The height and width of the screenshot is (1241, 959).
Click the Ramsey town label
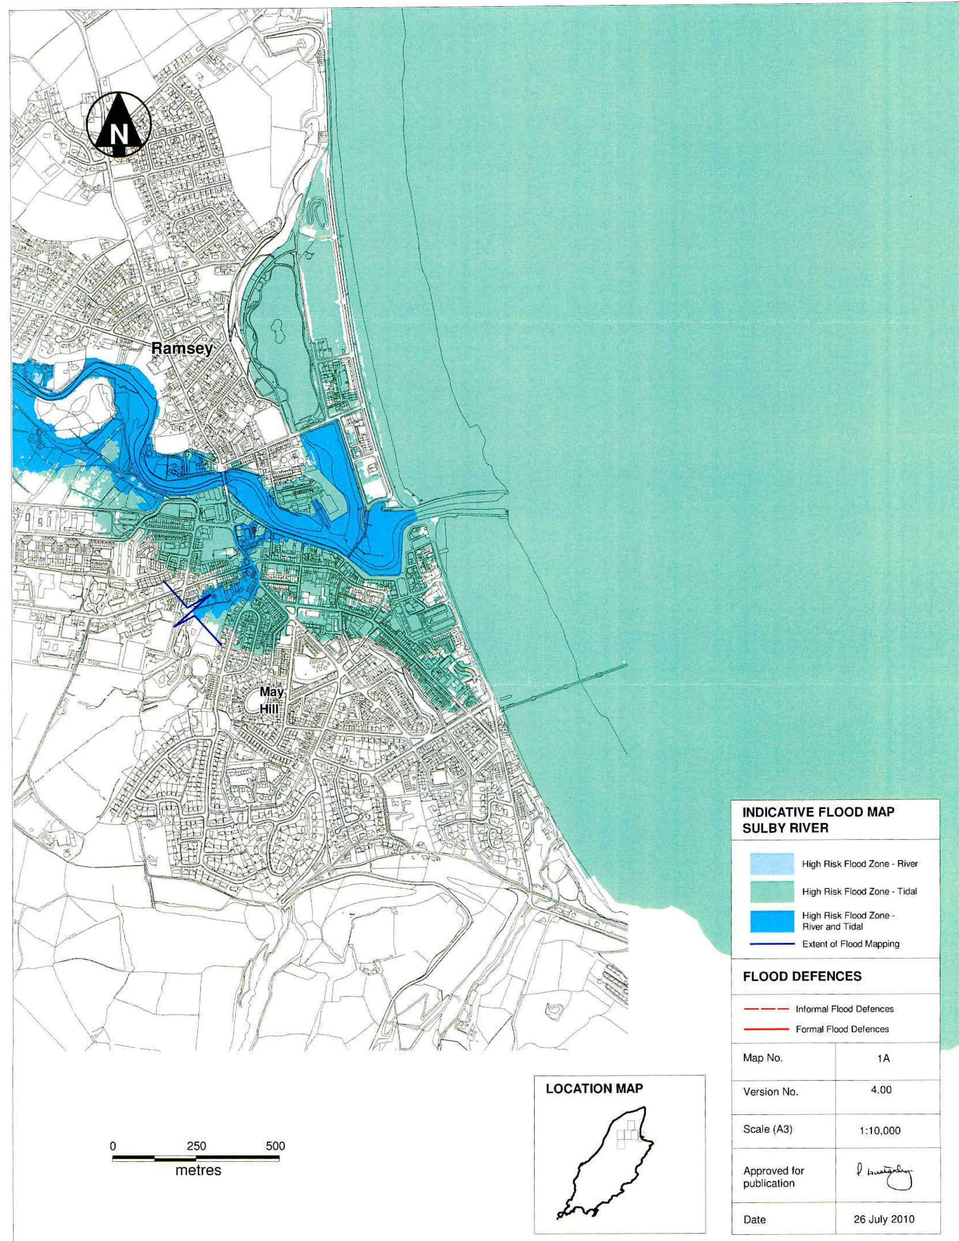[182, 348]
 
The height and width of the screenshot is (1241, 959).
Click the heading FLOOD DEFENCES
[802, 976]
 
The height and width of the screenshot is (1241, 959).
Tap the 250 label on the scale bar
[196, 1145]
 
